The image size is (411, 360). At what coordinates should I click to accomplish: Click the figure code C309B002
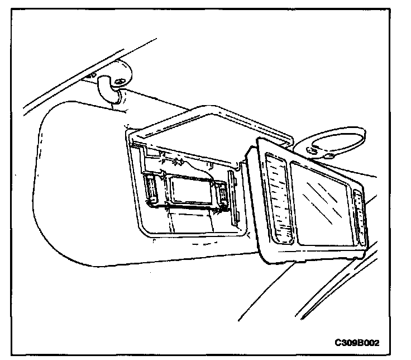(x=361, y=341)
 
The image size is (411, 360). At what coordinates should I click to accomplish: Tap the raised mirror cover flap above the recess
(x=209, y=128)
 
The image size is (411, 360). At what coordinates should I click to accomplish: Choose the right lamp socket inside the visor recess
(x=223, y=194)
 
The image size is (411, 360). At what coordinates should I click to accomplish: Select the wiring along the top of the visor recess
(x=179, y=162)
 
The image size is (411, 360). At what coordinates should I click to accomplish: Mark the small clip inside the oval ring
(x=316, y=149)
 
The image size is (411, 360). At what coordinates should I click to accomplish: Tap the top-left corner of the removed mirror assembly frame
(x=259, y=141)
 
